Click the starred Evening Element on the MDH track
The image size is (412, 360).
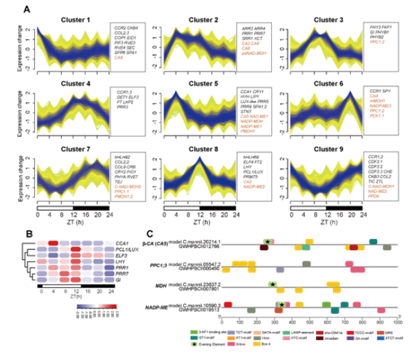(x=273, y=283)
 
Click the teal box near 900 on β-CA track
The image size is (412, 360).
(x=373, y=242)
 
